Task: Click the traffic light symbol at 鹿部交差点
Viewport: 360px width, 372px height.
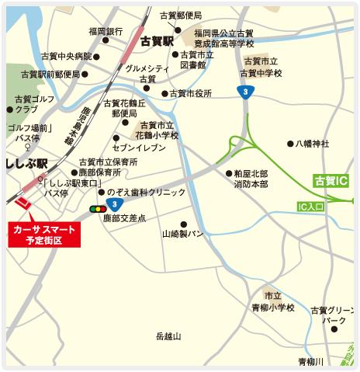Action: click(x=99, y=208)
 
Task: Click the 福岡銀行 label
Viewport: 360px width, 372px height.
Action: click(x=106, y=31)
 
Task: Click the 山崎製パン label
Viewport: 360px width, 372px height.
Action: click(x=183, y=233)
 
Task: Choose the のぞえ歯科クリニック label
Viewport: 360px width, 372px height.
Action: click(x=147, y=191)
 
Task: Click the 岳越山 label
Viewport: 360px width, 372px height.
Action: click(x=168, y=335)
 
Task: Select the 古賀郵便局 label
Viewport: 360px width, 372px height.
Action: click(x=181, y=16)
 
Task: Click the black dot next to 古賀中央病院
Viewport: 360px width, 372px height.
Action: click(x=97, y=56)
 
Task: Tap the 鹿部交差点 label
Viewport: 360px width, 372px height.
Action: click(x=124, y=220)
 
